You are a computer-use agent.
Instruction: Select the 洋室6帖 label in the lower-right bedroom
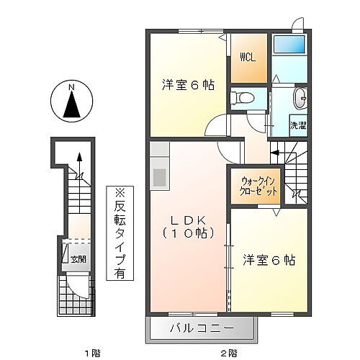coord(270,259)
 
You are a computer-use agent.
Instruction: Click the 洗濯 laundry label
coord(297,125)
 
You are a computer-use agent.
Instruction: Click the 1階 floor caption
coord(90,353)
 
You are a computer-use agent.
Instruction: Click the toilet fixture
coord(242,96)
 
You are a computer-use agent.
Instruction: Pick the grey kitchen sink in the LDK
coord(158,176)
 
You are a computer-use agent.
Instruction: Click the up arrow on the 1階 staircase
coord(80,158)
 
